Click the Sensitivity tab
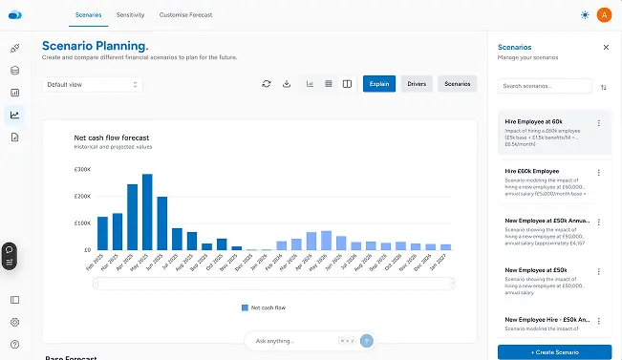tap(131, 15)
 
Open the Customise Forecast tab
tap(186, 15)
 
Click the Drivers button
tap(417, 84)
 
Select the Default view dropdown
tap(92, 84)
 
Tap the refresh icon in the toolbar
tap(267, 84)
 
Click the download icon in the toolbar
tap(287, 84)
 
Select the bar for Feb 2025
tap(102, 234)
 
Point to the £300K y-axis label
tap(81, 170)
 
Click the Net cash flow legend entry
tap(263, 307)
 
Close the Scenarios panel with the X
tap(606, 47)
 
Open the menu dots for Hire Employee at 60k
tap(599, 123)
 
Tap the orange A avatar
tap(604, 14)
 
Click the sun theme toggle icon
tap(585, 14)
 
